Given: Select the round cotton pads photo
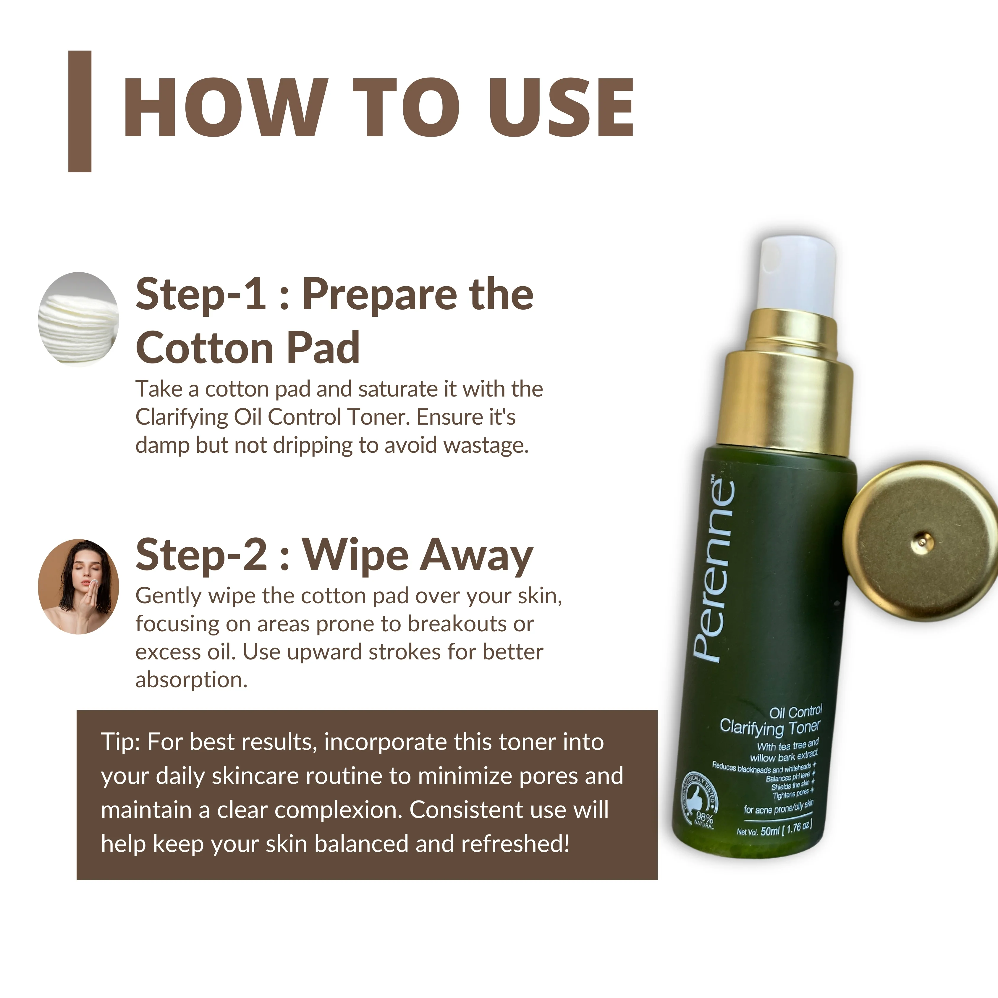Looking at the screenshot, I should click(79, 319).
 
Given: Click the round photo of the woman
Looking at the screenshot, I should click(79, 586).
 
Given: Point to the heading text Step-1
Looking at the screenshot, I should click(201, 295).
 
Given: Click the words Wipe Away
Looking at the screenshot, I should click(417, 555).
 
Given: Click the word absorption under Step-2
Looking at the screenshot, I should click(191, 680).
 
